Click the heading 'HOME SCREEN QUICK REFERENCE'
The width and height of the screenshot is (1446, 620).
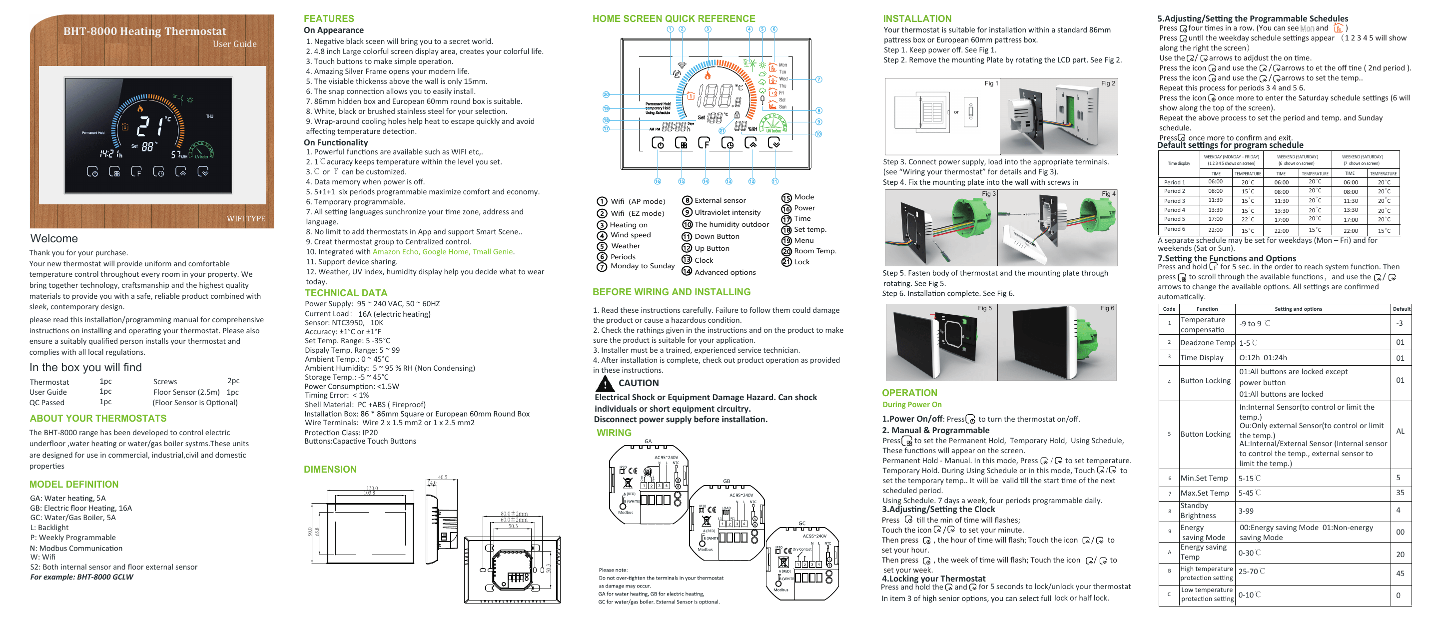[x=674, y=18]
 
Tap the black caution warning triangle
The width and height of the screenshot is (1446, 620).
[x=605, y=384]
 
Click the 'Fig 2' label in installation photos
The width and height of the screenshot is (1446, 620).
[x=1108, y=83]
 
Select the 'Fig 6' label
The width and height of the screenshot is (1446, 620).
[x=1107, y=308]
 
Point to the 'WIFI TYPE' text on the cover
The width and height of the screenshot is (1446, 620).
[x=246, y=218]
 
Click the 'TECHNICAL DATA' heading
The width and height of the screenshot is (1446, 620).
[x=346, y=293]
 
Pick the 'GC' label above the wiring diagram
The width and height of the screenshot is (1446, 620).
[x=801, y=524]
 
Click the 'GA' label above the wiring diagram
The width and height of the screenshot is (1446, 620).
[x=648, y=442]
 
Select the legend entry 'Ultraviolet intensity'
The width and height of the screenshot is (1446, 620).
[x=727, y=212]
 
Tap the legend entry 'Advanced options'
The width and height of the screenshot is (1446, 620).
[x=724, y=272]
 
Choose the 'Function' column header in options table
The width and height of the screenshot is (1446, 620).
[x=1207, y=309]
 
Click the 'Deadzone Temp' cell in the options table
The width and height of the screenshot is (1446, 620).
[x=1207, y=343]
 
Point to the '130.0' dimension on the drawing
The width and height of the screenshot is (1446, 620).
[x=372, y=488]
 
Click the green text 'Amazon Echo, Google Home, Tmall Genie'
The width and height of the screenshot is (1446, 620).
[x=443, y=252]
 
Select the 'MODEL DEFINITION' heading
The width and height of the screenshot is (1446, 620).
[x=74, y=484]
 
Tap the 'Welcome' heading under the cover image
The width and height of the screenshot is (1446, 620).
[x=54, y=238]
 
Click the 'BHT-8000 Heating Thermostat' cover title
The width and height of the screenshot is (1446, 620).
[x=144, y=31]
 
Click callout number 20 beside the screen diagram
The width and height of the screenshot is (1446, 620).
[x=606, y=95]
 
